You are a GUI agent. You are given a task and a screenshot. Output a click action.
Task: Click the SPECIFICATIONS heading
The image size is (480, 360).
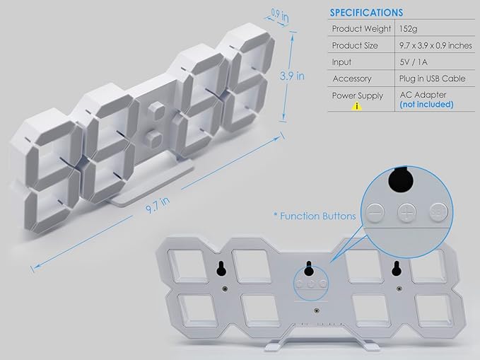(366, 13)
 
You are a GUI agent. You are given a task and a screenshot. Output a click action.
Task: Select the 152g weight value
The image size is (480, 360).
(408, 29)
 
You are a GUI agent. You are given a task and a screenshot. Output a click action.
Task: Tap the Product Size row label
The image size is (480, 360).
(355, 46)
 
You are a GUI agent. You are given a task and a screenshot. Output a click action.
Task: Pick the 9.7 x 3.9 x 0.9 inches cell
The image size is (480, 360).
(435, 46)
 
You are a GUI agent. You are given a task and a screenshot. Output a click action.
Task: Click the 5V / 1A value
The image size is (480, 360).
(414, 62)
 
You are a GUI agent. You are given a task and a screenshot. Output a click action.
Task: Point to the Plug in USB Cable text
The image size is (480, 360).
(432, 79)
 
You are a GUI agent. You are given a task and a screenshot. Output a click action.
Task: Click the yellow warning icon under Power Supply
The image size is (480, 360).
(356, 106)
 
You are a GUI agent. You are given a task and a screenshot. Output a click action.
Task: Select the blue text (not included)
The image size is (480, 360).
(426, 105)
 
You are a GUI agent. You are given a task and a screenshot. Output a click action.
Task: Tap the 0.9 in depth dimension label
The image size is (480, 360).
(280, 16)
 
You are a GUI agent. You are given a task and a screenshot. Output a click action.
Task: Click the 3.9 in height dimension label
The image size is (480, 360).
(292, 76)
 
